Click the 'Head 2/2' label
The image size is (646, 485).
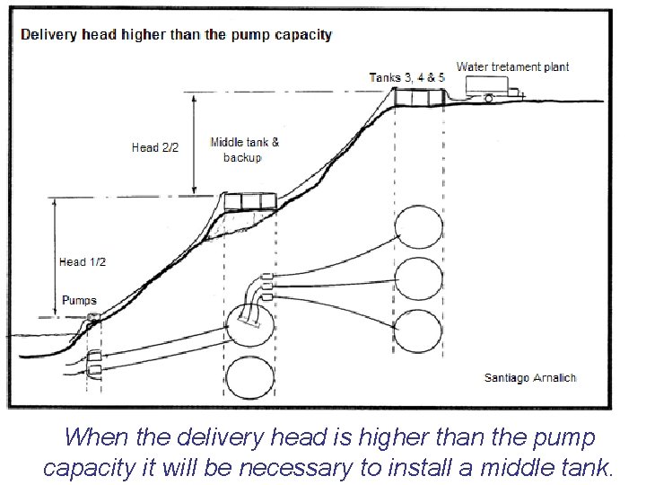click(154, 147)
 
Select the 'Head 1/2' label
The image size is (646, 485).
click(83, 261)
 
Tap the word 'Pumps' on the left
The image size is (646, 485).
click(79, 301)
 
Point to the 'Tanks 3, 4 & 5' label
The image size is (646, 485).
click(406, 77)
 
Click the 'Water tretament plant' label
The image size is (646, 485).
click(512, 66)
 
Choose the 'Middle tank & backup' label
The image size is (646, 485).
click(244, 150)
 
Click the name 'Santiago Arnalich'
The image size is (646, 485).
click(529, 377)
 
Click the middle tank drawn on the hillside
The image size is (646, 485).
click(249, 200)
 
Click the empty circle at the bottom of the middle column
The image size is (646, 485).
click(250, 377)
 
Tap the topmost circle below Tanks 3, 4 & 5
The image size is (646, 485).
click(420, 230)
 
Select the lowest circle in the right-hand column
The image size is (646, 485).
click(420, 331)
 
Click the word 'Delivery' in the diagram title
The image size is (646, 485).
click(48, 36)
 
